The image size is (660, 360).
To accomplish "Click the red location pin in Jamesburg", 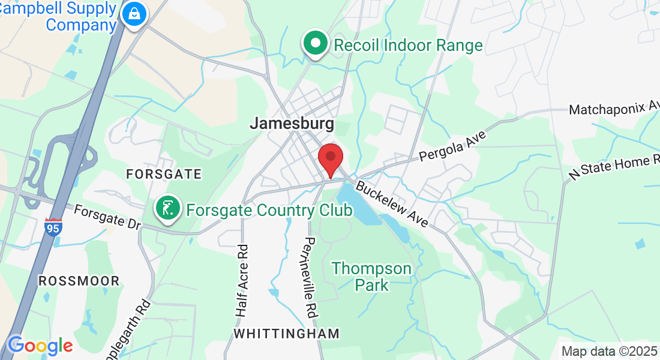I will pyautogui.click(x=330, y=158).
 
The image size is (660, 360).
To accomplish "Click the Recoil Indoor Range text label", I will pyautogui.click(x=408, y=45).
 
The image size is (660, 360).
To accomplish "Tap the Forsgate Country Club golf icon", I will pyautogui.click(x=169, y=208).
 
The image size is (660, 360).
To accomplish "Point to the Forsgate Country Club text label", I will pyautogui.click(x=269, y=211).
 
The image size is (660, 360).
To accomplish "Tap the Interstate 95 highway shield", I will pyautogui.click(x=53, y=227).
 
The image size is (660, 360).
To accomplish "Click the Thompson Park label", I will pyautogui.click(x=373, y=276).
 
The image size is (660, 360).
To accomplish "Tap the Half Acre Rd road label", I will pyautogui.click(x=241, y=279).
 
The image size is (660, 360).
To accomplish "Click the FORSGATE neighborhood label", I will pyautogui.click(x=164, y=174).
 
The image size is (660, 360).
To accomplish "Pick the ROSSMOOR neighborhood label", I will pyautogui.click(x=79, y=281).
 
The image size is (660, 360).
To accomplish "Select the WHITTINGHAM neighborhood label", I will pyautogui.click(x=286, y=333).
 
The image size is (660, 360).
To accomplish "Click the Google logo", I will pyautogui.click(x=40, y=346).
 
